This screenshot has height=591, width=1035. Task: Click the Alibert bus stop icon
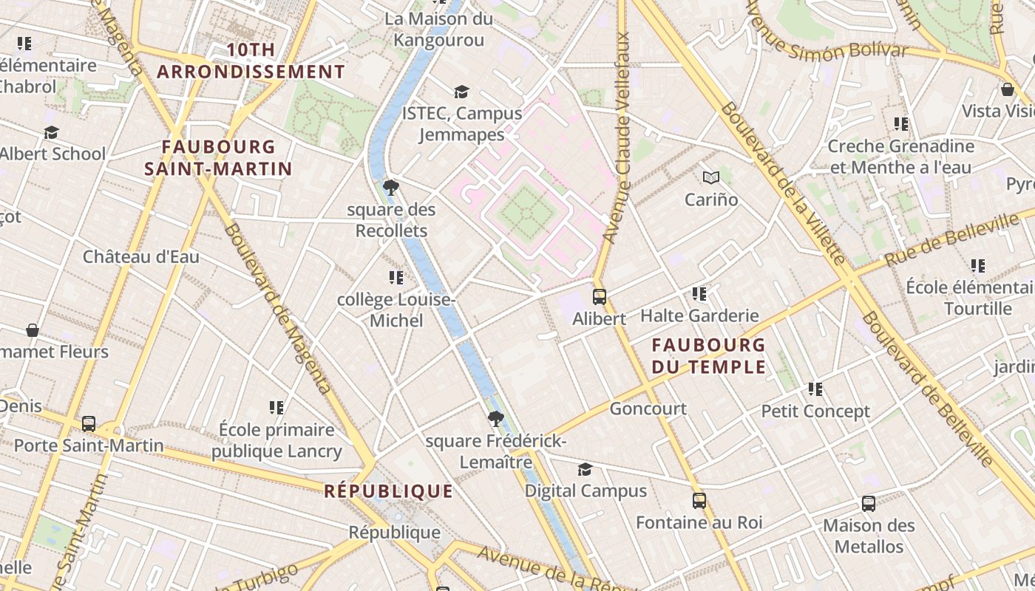click(x=600, y=297)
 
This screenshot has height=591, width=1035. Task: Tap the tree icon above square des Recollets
click(x=391, y=188)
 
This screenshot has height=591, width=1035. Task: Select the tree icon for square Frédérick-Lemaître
click(x=496, y=420)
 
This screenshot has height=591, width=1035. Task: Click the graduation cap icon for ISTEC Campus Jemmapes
click(x=462, y=92)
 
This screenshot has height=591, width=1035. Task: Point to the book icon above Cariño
click(x=711, y=177)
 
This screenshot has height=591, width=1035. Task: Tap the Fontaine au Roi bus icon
click(x=699, y=501)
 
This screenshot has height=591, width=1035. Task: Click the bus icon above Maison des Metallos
click(x=869, y=504)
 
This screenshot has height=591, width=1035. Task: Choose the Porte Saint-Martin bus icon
click(x=89, y=424)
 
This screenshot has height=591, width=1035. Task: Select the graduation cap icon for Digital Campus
click(x=585, y=469)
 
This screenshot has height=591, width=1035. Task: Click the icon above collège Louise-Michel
click(x=396, y=278)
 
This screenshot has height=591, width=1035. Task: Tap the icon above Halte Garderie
click(x=699, y=294)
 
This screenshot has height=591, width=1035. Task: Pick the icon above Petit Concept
click(x=815, y=389)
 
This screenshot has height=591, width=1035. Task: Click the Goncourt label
click(x=648, y=409)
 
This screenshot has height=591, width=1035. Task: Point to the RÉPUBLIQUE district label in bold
click(x=388, y=491)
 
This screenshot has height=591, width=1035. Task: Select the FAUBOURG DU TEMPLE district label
click(x=709, y=355)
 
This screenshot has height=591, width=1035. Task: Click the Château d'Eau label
click(x=141, y=257)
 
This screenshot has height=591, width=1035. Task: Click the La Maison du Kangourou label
click(x=438, y=29)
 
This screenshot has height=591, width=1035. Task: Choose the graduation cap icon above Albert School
click(x=51, y=132)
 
